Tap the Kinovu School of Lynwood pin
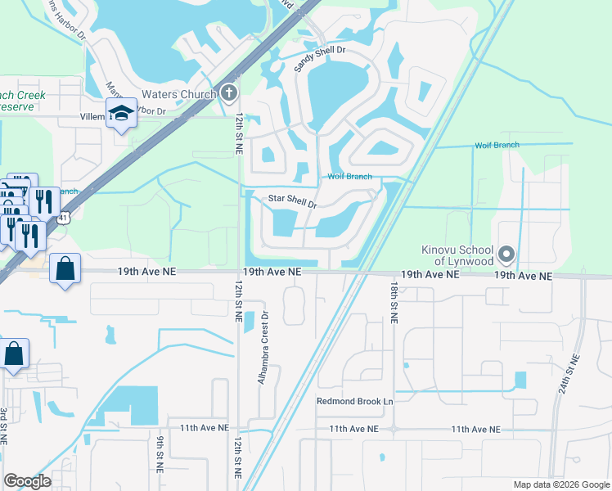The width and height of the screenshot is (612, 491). tap(506, 255)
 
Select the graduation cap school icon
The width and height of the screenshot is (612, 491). tap(120, 115)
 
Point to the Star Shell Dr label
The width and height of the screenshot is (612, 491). tap(293, 200)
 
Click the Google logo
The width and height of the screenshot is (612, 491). tap(27, 481)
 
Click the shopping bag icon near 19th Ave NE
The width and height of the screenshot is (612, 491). tap(65, 268)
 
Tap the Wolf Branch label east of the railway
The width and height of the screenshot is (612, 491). tap(497, 146)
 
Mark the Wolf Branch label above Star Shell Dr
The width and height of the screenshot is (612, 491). tap(349, 177)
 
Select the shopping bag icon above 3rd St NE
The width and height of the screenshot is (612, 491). tap(14, 354)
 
